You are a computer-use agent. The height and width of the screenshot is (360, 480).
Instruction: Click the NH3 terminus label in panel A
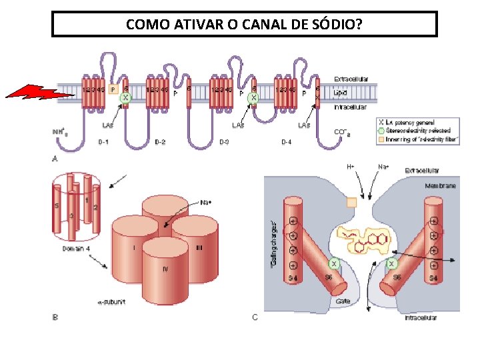point(60,132)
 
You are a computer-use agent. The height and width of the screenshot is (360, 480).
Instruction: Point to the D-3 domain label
point(225,142)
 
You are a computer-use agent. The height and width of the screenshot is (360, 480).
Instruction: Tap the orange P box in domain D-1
point(113,88)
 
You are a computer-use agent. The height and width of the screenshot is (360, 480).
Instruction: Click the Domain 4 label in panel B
point(77,249)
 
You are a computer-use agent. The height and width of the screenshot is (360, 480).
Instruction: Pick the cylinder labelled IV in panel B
point(165,267)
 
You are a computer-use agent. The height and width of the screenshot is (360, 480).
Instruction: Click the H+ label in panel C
point(350,166)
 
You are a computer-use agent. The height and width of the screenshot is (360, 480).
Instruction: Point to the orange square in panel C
point(351,201)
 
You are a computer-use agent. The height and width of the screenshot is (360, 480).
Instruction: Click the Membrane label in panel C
point(440,186)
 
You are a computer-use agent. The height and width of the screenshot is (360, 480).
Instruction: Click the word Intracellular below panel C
point(421,317)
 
